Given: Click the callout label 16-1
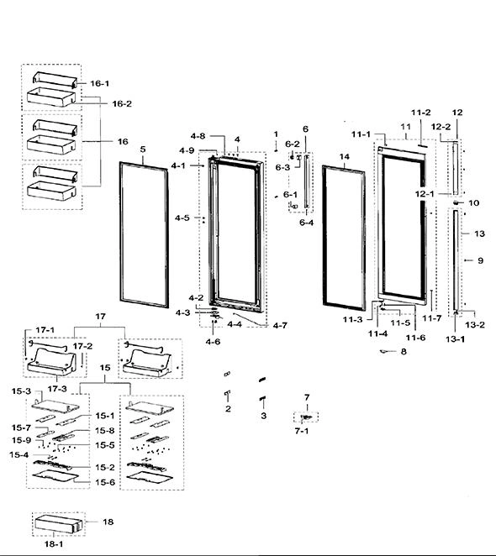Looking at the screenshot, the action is [99, 84].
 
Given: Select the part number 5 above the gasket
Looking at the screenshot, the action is [143, 149].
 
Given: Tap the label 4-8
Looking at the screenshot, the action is [198, 136].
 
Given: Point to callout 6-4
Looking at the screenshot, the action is [306, 223].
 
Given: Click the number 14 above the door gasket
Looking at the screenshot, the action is [344, 157].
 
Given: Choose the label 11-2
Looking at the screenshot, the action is [420, 113].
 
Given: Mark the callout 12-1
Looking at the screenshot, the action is [425, 194].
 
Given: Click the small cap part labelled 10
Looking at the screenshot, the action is [456, 202].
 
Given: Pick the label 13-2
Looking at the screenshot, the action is [475, 324].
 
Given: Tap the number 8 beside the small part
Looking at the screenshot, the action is [404, 351].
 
